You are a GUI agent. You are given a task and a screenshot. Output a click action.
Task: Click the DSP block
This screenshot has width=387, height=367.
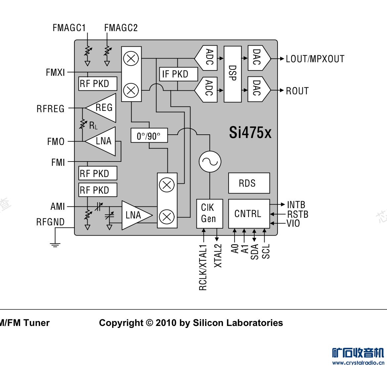pyautogui.click(x=233, y=74)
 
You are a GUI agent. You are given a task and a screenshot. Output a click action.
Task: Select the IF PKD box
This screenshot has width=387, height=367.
pyautogui.click(x=178, y=74)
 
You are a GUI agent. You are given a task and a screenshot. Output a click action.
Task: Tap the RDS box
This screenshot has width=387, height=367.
pyautogui.click(x=249, y=183)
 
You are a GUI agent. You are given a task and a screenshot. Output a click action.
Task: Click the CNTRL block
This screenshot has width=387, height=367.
pyautogui.click(x=249, y=214)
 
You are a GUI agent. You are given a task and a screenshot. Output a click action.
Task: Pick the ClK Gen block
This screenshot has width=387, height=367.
pyautogui.click(x=210, y=214)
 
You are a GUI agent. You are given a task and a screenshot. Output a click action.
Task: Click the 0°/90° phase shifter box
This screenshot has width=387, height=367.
pyautogui.click(x=149, y=135)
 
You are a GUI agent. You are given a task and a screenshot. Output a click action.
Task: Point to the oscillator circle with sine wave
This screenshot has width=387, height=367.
pyautogui.click(x=210, y=162)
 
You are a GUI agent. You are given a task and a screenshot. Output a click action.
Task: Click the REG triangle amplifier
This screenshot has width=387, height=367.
pyautogui.click(x=101, y=108)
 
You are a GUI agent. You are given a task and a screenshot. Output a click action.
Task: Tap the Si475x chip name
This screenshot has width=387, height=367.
pyautogui.click(x=250, y=133)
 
